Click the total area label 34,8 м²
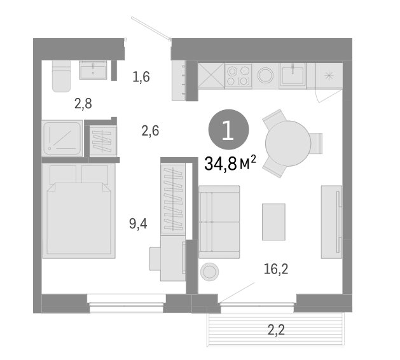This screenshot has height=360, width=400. click(230, 163)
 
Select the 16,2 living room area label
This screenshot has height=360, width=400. click(276, 269)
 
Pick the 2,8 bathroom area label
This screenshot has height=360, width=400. click(83, 104)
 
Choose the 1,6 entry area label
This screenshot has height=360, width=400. click(141, 78)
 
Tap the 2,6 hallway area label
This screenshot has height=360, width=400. click(150, 132)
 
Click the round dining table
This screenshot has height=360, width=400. click(287, 144)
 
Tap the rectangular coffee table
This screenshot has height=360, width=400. click(273, 221)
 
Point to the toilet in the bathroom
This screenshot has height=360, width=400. click(60, 77)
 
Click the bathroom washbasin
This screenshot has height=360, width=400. click(94, 70)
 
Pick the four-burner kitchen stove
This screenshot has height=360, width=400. click(238, 76)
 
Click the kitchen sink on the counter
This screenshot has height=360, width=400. click(294, 76)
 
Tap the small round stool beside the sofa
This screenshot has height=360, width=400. click(209, 272)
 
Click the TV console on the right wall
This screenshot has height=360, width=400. click(331, 221)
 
